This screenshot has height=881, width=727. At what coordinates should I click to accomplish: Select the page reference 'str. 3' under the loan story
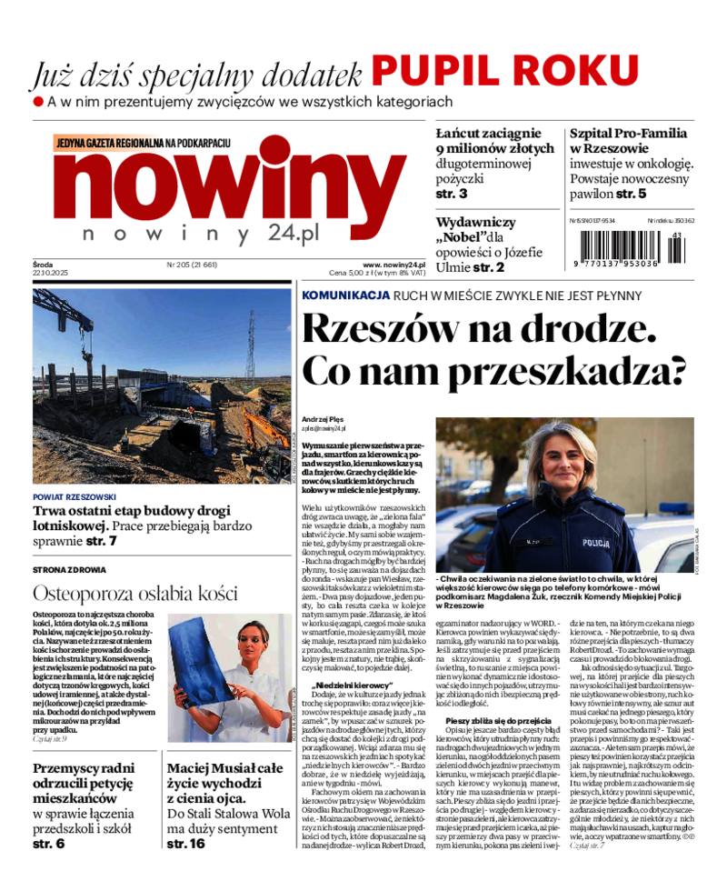(x=451, y=194)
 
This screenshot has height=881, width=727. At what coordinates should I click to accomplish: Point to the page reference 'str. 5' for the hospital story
(x=631, y=194)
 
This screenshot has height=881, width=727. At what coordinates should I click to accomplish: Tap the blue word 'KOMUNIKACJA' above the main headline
(x=345, y=295)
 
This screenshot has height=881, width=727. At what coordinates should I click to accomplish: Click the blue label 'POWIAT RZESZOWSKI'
(x=75, y=497)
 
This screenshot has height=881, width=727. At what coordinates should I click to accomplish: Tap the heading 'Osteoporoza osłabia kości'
(x=134, y=594)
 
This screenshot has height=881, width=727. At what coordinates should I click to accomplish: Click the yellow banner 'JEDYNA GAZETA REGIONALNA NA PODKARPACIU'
(x=144, y=143)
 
